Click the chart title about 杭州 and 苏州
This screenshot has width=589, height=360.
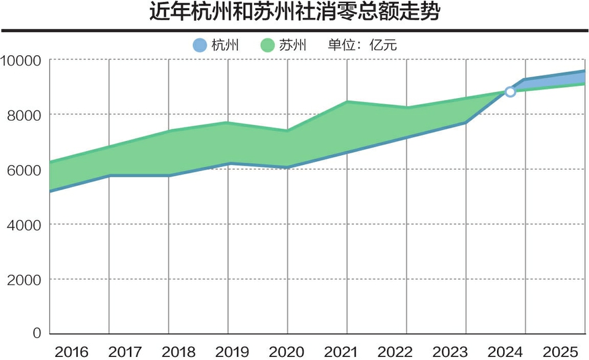(x=294, y=13)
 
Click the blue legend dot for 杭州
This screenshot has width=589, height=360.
(x=199, y=45)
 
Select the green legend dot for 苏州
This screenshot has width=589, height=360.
(x=267, y=45)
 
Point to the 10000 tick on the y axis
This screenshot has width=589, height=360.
(x=20, y=60)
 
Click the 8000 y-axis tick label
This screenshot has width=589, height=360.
(x=23, y=115)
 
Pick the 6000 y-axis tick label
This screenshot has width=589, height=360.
(x=23, y=170)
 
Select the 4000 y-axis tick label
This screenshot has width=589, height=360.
(x=23, y=224)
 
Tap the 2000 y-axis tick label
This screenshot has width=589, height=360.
(x=23, y=280)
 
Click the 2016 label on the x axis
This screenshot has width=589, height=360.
(x=72, y=351)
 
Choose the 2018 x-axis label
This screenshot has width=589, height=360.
(x=179, y=351)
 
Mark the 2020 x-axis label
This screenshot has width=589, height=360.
(x=287, y=351)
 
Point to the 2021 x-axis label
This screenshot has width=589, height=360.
(x=341, y=351)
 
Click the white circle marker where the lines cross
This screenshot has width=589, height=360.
(x=510, y=92)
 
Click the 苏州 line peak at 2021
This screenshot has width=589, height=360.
(x=347, y=102)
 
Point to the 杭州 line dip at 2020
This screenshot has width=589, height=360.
(x=287, y=167)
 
